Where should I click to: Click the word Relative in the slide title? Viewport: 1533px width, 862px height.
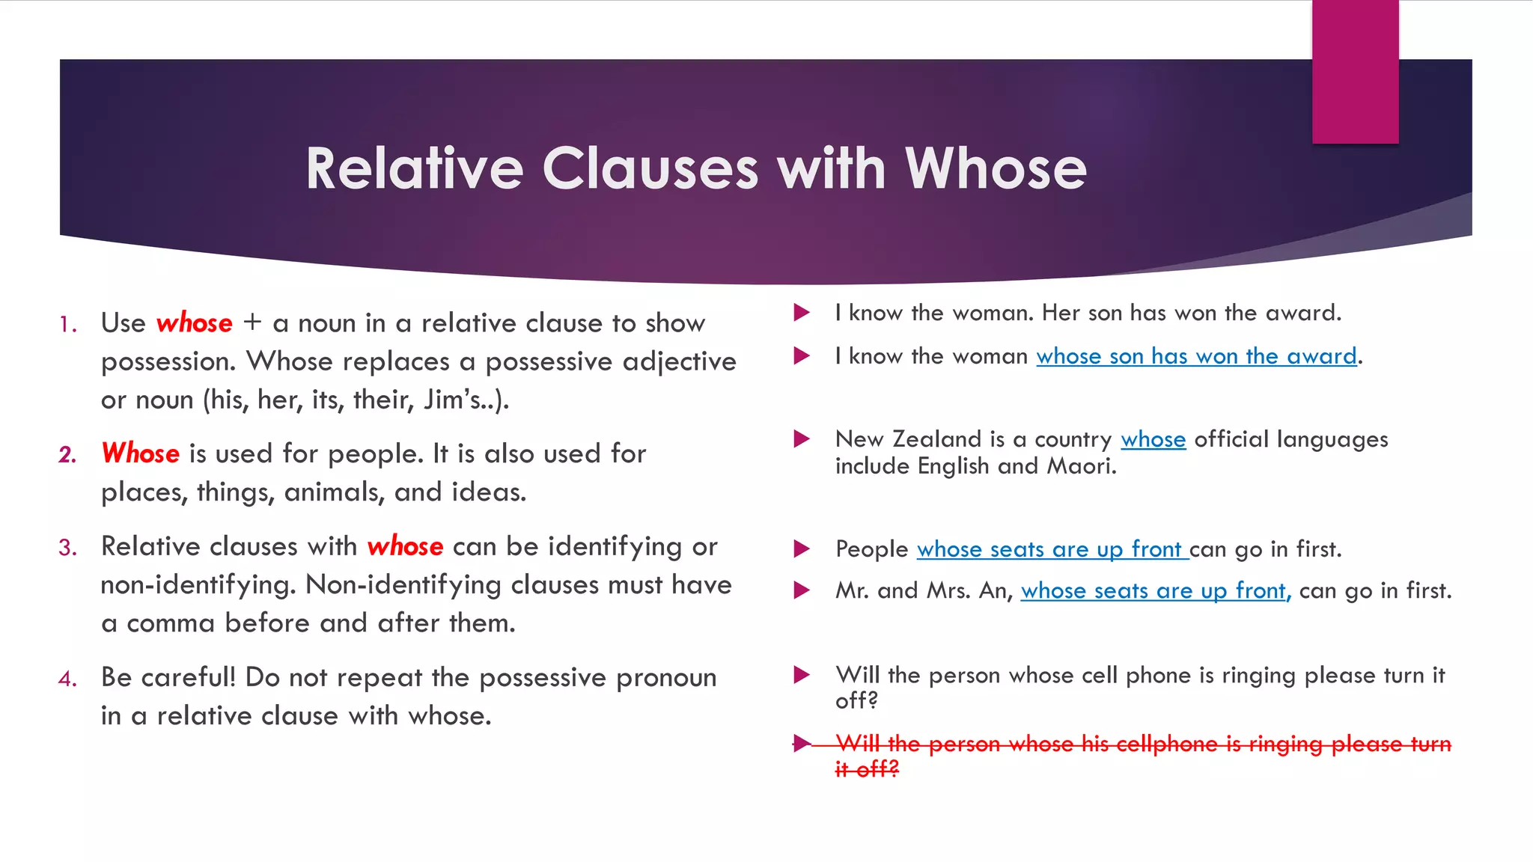pyautogui.click(x=414, y=168)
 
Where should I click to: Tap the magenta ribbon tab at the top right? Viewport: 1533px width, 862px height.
pyautogui.click(x=1355, y=71)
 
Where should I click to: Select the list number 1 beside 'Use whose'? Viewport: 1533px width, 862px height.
pyautogui.click(x=68, y=325)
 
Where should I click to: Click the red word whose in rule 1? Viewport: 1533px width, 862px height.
pyautogui.click(x=195, y=323)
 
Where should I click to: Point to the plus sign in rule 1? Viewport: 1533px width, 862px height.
pyautogui.click(x=252, y=323)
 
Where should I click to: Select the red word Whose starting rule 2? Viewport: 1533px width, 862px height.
pyautogui.click(x=141, y=453)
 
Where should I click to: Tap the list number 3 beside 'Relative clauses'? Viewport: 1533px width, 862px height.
pyautogui.click(x=68, y=548)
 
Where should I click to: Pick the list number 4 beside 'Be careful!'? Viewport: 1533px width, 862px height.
pyautogui.click(x=68, y=679)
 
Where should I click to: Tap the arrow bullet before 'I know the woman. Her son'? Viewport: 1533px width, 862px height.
pyautogui.click(x=802, y=313)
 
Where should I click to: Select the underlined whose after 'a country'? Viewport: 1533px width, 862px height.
pyautogui.click(x=1153, y=439)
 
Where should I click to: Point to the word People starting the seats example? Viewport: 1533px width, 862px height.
pyautogui.click(x=871, y=549)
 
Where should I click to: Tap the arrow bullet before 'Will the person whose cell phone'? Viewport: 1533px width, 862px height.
pyautogui.click(x=802, y=675)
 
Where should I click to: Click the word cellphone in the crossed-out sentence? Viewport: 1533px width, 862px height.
pyautogui.click(x=1167, y=744)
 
